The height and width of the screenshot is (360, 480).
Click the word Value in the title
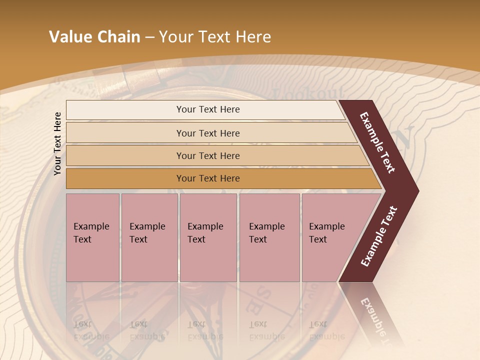click(70, 37)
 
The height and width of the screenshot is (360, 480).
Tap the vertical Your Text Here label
click(57, 143)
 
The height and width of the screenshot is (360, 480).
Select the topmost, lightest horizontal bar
click(205, 110)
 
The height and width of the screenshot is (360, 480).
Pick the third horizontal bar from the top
click(215, 155)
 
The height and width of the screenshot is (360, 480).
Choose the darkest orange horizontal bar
click(220, 178)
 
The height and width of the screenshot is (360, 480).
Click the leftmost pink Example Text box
click(92, 237)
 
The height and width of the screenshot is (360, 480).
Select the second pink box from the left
click(149, 237)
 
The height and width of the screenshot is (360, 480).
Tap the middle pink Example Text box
click(208, 237)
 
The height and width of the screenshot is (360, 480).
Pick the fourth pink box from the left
click(269, 237)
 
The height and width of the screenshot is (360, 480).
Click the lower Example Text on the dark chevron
click(379, 236)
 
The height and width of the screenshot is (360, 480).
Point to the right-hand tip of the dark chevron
click(418, 190)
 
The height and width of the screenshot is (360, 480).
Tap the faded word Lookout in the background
click(308, 93)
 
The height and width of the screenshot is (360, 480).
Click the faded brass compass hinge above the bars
click(145, 75)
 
